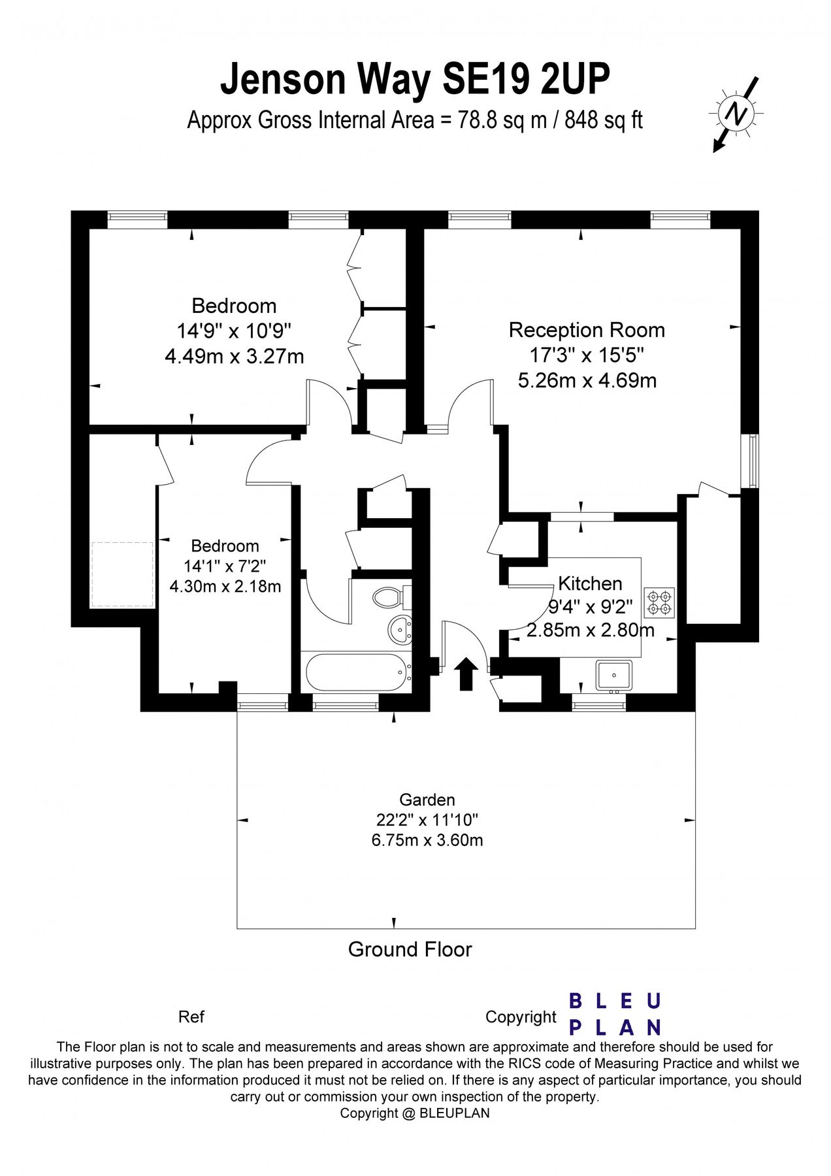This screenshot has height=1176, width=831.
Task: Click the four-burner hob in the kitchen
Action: pos(659,602)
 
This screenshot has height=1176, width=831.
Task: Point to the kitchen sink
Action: pos(613,675)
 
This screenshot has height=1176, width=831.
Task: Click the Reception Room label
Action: pos(587,330)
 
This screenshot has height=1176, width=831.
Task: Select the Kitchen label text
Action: pos(589,583)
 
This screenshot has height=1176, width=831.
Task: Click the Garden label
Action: pos(427,800)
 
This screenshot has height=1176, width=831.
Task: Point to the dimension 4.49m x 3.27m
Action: pos(234,356)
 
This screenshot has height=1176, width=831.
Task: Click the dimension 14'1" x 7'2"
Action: pos(225,566)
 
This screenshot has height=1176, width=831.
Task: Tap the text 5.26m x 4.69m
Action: pos(587,380)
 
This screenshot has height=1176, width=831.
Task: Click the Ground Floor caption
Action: pos(410,949)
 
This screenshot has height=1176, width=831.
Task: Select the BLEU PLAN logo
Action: pos(615,1014)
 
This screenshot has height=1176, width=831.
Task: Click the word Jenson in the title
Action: pos(283,80)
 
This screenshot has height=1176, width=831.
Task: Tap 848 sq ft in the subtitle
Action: pos(604,120)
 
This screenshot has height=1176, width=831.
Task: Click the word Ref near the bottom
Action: pos(191,1017)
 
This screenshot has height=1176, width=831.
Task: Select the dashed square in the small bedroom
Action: pos(123,574)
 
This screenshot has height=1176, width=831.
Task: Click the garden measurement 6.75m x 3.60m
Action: pos(427,840)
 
